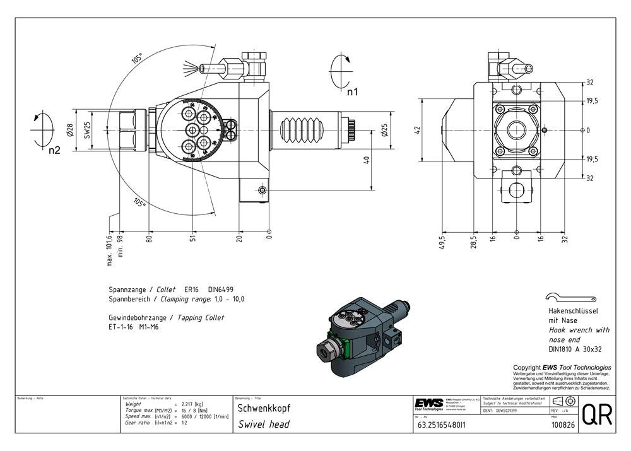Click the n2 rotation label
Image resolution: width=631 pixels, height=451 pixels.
(x=54, y=150)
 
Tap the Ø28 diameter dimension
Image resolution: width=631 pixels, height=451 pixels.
(x=69, y=131)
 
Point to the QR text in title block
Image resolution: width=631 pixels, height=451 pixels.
(x=596, y=415)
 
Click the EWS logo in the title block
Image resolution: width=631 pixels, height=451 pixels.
(x=428, y=404)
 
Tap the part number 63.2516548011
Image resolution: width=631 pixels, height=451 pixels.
(x=440, y=425)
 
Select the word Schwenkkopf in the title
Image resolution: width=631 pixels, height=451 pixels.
(x=261, y=408)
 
